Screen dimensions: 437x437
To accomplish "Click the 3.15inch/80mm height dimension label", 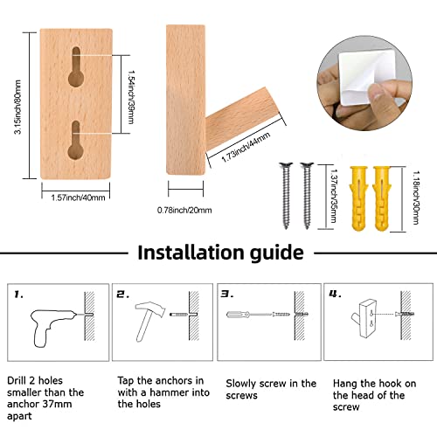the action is point(18,107).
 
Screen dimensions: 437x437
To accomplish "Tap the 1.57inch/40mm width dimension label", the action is point(78,198).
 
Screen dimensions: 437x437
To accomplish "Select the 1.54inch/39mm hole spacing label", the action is point(131,97).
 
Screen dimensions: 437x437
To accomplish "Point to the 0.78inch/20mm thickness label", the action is point(184,210).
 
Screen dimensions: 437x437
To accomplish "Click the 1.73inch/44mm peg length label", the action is point(246,147).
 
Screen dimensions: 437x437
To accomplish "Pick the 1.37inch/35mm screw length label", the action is point(334,196).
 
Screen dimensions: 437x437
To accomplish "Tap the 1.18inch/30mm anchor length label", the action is point(416,198).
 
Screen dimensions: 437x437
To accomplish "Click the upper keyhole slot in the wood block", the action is point(76,66).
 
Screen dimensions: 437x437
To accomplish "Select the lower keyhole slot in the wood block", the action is point(76,140).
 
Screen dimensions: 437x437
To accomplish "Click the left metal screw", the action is point(286,196).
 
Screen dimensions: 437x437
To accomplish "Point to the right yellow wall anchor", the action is point(381,198).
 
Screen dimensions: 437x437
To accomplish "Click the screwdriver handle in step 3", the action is point(238,315).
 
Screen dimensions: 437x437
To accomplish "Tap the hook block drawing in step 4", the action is point(364,318).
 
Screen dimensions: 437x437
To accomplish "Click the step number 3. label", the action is point(227,294).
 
